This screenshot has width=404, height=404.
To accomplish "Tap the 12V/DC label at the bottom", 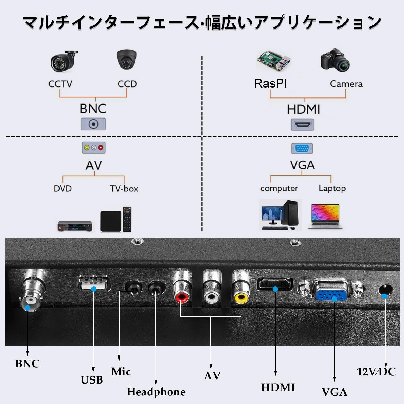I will pos(376,372).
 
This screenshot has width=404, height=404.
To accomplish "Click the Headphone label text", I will pos(156,392).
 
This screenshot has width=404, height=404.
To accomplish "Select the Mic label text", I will pos(121,371).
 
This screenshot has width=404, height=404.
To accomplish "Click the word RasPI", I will pos(270,83).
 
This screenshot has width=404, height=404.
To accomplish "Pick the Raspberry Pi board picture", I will pos(274,61).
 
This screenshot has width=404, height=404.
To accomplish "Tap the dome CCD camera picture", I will pos(127,60).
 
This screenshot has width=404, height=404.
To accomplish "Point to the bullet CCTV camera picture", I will pos(64,61).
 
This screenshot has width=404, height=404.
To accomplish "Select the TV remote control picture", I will pos(127,219).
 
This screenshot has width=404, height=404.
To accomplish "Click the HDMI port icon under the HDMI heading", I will pos(302,125).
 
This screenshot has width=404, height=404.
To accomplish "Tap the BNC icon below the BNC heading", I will pos(93,124).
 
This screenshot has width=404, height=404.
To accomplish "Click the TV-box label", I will pos(124,189).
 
